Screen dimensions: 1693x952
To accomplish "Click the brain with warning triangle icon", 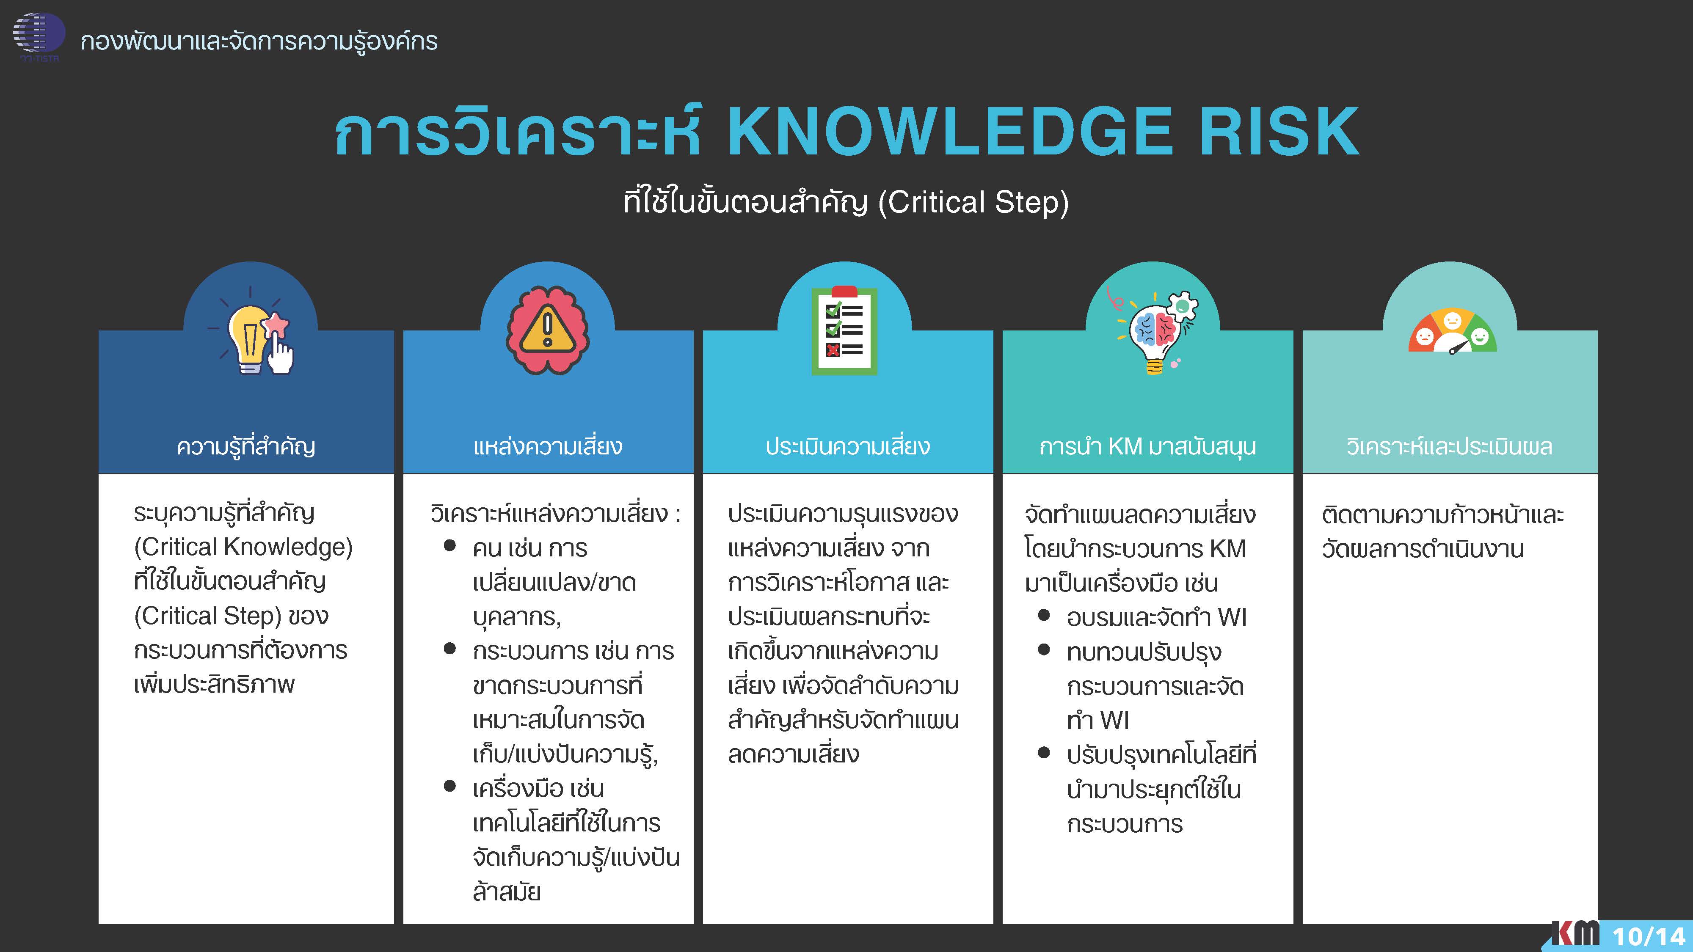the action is point(547,330).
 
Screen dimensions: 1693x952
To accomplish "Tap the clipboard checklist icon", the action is point(844,330).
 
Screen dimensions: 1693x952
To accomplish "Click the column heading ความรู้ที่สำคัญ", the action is point(246,447).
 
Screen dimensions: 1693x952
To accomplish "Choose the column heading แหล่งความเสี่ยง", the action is point(547,447).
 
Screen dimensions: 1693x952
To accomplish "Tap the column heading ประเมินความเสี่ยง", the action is point(848,447).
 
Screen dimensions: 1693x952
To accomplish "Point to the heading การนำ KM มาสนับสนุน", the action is point(1147,447).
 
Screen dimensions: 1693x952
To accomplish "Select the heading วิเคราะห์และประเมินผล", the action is point(1449,447).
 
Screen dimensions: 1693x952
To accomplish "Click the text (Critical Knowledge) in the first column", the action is point(243,547).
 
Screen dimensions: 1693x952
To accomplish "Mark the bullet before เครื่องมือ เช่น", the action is point(449,786).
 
